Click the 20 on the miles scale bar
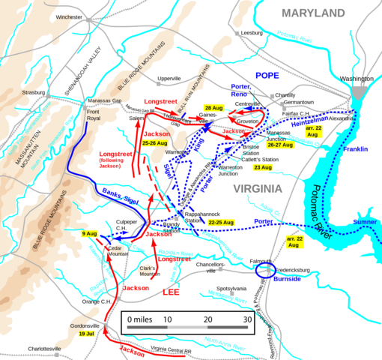pos(207,319)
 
